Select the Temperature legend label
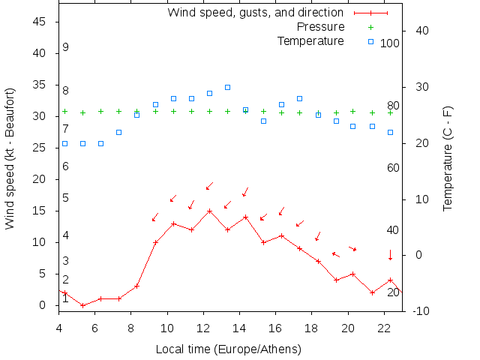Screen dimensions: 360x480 tap(310, 40)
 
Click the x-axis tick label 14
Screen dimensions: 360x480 tap(239, 328)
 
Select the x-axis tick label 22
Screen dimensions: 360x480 tap(384, 328)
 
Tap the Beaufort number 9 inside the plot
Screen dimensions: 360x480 tap(66, 47)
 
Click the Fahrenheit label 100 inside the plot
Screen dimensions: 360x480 tap(390, 43)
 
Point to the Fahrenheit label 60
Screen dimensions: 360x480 tap(393, 168)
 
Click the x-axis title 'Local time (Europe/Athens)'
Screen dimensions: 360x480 tap(228, 349)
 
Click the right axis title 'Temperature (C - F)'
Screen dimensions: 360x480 tap(448, 159)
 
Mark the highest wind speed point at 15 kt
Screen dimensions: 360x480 tap(209, 211)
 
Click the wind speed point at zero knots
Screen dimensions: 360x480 tap(82, 305)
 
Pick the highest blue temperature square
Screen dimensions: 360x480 tap(227, 87)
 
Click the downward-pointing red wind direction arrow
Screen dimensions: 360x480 tap(390, 255)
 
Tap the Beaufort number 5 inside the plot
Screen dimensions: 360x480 tap(66, 198)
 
